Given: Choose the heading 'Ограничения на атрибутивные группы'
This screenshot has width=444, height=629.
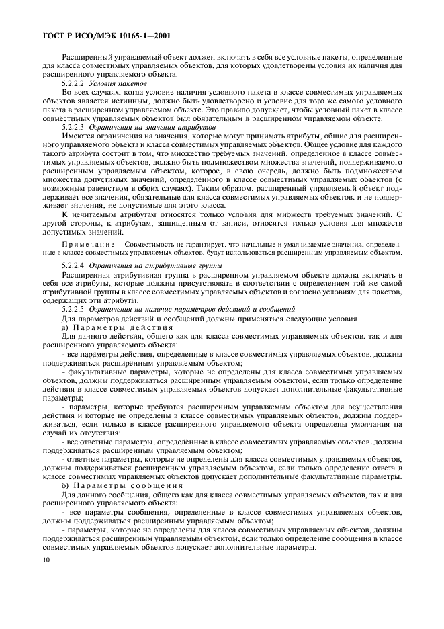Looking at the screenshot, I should tap(145, 267).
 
